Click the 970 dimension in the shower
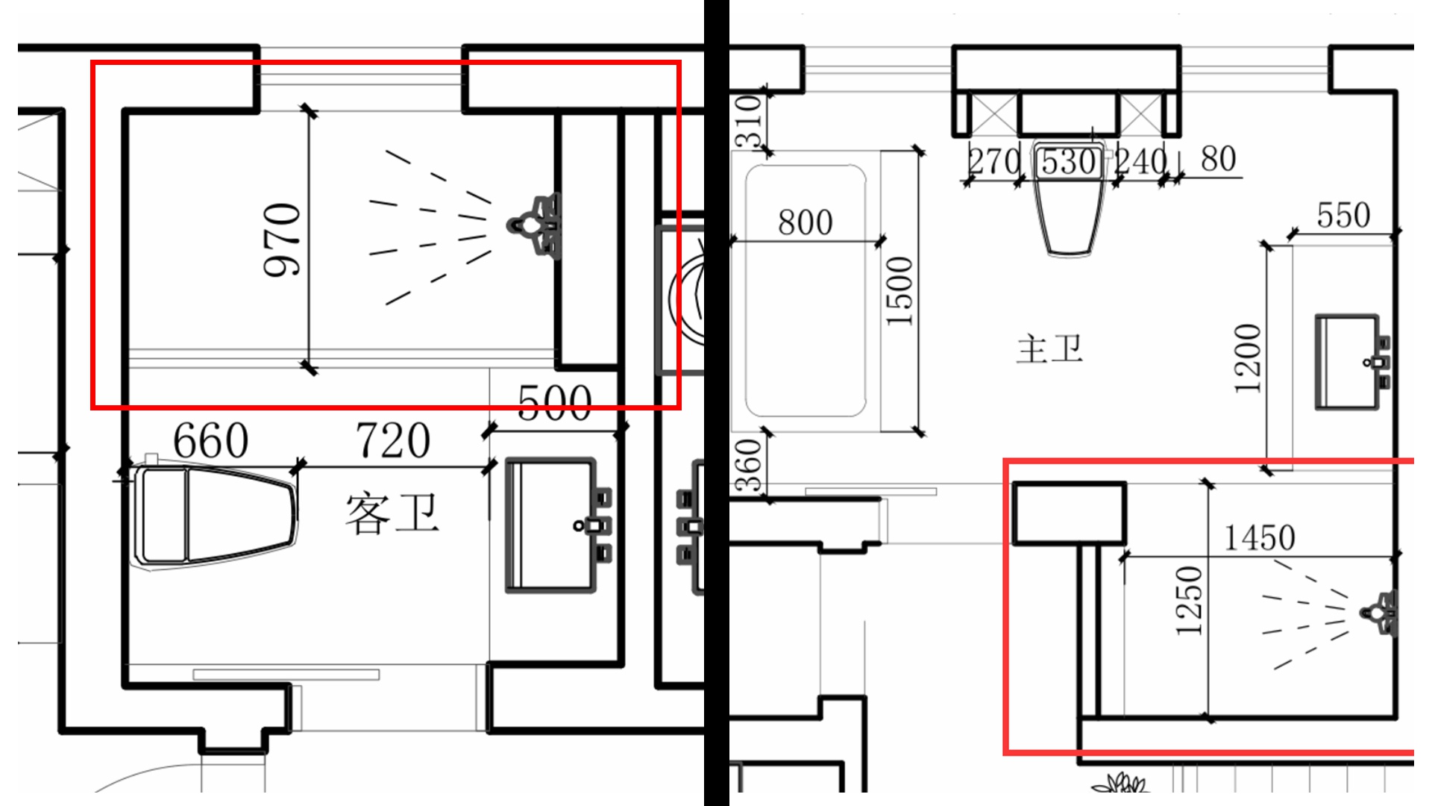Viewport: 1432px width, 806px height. click(283, 240)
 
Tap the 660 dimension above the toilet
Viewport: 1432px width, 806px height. click(210, 440)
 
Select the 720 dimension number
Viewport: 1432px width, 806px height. click(392, 440)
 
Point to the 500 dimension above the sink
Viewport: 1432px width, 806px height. click(554, 403)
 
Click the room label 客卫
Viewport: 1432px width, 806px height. click(392, 513)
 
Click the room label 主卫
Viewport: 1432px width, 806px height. click(1049, 349)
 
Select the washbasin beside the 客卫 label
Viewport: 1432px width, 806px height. click(552, 525)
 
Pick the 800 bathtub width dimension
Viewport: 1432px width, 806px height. click(805, 222)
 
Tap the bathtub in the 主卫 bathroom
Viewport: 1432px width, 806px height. click(805, 291)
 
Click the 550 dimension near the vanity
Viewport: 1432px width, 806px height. click(1342, 216)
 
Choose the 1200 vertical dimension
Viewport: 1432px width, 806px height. click(1248, 358)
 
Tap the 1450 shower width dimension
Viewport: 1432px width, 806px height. click(1259, 537)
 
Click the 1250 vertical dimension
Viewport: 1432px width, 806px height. click(1190, 601)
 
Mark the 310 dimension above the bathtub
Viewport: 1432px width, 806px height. click(749, 121)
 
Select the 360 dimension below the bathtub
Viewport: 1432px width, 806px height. click(749, 466)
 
